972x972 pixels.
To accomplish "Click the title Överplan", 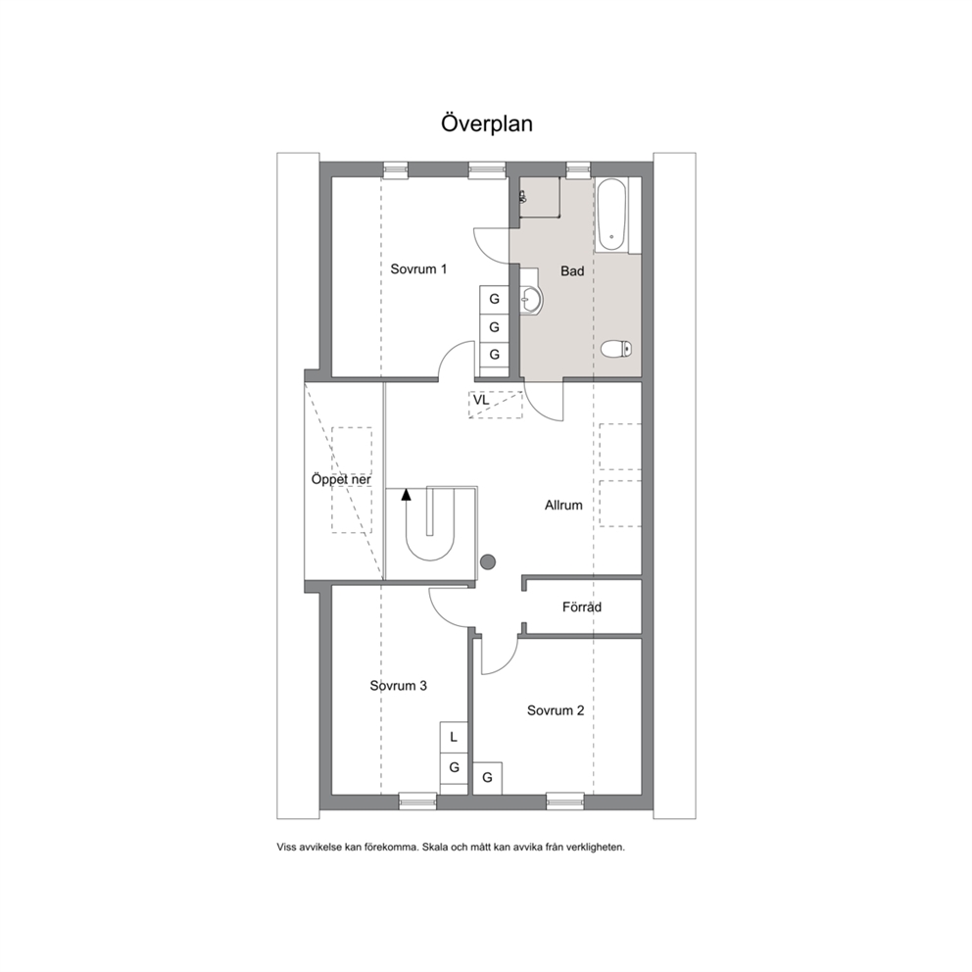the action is (487, 122).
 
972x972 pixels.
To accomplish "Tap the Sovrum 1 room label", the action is (418, 269).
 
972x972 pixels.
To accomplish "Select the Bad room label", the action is (572, 270).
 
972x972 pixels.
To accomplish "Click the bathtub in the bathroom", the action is (611, 216).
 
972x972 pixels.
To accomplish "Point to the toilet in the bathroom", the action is (616, 349).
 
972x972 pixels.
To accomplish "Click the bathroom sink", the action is (531, 300).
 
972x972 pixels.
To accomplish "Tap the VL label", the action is (481, 401).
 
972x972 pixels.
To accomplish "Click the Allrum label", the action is (563, 506).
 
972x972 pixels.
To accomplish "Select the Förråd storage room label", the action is (581, 607).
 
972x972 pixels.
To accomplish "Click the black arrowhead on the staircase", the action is (406, 494).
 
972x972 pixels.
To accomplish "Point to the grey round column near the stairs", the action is (489, 562).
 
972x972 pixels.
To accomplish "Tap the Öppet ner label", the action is (341, 480).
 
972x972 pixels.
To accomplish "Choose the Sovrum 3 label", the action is (399, 686).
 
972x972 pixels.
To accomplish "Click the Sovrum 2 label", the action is (556, 710).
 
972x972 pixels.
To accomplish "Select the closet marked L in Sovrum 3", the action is (454, 737).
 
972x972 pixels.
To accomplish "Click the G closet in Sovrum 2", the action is (487, 777).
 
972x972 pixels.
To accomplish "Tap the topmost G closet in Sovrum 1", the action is (494, 299).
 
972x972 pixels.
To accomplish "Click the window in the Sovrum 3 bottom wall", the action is (417, 802).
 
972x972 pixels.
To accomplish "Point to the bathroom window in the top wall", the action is (578, 170).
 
